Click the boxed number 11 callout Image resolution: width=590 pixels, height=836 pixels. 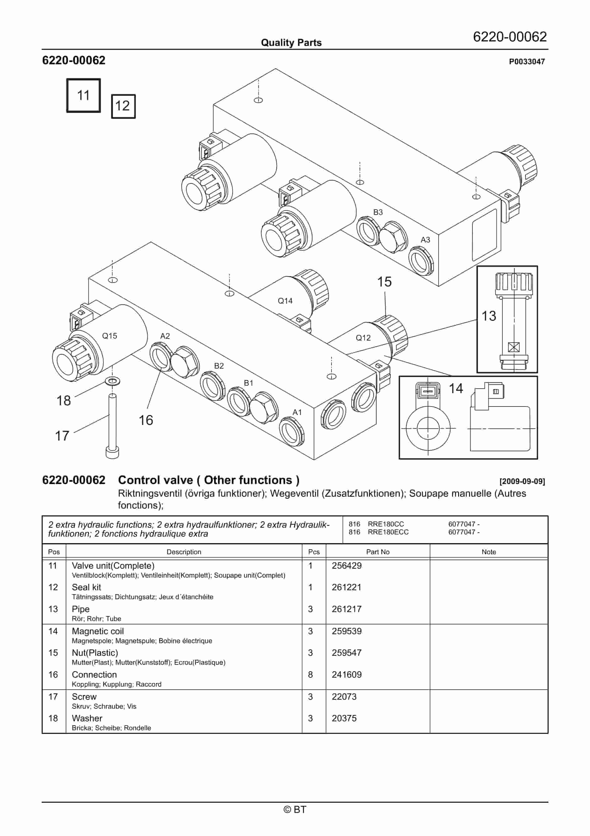pos(83,95)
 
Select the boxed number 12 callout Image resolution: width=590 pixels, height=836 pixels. pos(123,106)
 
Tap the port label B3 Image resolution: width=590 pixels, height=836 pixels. pos(378,212)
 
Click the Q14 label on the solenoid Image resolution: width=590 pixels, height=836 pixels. pos(285,301)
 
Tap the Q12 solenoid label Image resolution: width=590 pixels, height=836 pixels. pos(363,338)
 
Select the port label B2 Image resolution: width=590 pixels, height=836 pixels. pos(219,366)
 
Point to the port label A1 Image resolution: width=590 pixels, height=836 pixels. pos(297,412)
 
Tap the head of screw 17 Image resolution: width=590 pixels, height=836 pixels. pos(112,453)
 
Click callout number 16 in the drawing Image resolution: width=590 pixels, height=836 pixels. pos(146,420)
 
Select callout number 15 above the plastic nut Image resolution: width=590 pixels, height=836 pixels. pos(384,282)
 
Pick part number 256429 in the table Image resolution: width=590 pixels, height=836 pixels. pos(347,565)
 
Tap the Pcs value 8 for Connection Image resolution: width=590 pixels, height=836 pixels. pos(310,675)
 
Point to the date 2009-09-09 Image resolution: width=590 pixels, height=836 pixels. pos(522,481)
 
